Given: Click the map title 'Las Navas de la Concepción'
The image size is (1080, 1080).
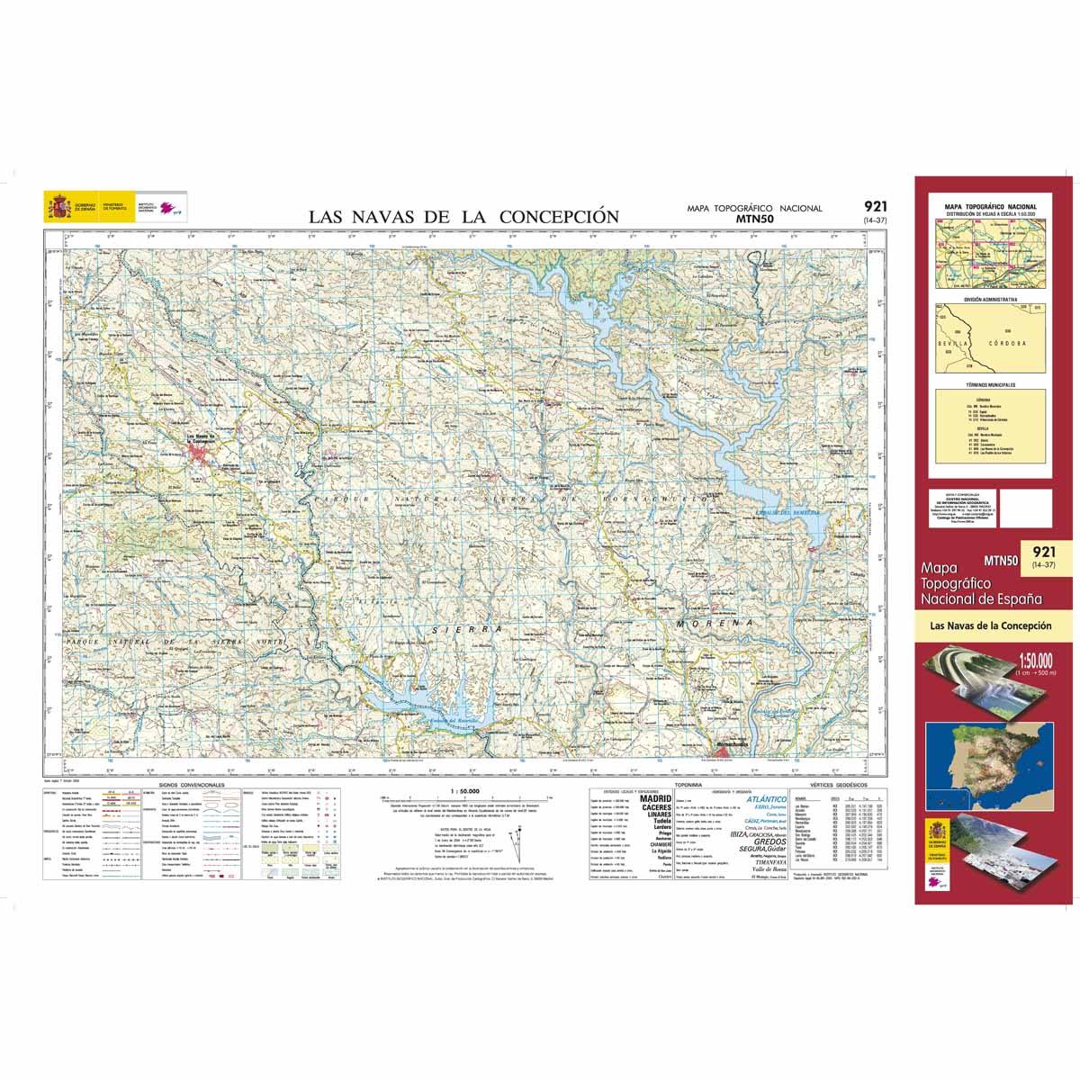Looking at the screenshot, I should tap(463, 216).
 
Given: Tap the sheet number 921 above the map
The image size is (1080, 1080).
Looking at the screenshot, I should tap(874, 206).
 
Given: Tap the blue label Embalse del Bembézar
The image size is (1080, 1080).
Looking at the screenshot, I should tap(777, 512).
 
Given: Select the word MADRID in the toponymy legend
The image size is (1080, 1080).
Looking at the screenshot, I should tap(654, 798).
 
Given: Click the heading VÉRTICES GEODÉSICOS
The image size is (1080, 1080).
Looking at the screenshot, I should tap(834, 785).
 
